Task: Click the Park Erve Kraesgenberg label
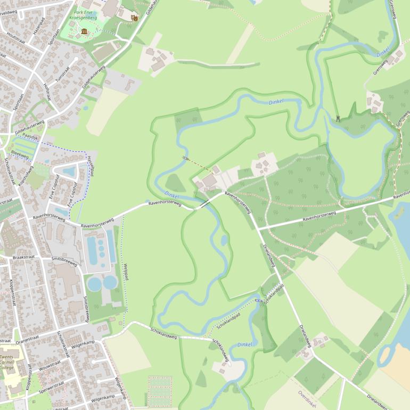pyautogui.click(x=85, y=14)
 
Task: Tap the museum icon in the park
pyautogui.click(x=84, y=31)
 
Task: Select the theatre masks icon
pyautogui.click(x=134, y=18)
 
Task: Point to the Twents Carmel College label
pyautogui.click(x=6, y=362)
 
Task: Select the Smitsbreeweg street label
pyautogui.click(x=64, y=261)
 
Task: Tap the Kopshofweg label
pyautogui.click(x=26, y=176)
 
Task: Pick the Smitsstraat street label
pyautogui.click(x=86, y=308)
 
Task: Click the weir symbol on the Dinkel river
pyautogui.click(x=338, y=118)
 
